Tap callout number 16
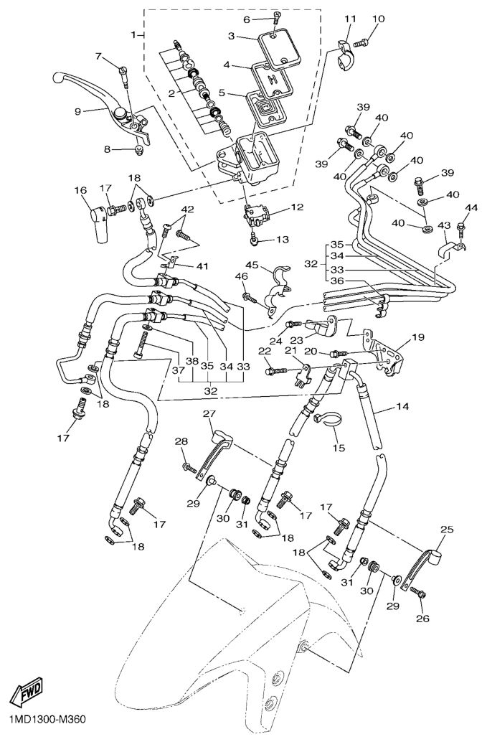(80, 190)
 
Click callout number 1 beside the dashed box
(133, 34)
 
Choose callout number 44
(471, 208)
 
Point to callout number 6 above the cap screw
(247, 19)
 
